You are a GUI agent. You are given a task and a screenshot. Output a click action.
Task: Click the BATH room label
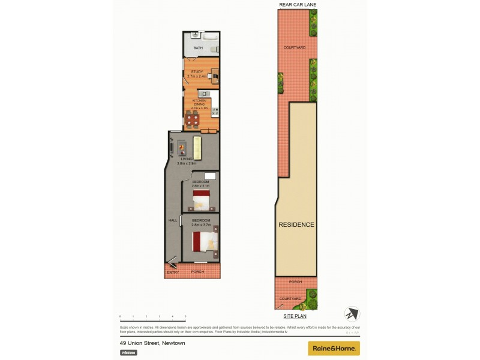coord(197,47)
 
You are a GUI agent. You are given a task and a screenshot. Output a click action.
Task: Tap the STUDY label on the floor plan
coord(197,72)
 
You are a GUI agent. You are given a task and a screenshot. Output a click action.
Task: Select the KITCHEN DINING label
coord(199,103)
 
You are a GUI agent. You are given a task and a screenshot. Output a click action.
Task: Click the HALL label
coord(173,221)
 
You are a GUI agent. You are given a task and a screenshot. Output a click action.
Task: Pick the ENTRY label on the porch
coord(173,272)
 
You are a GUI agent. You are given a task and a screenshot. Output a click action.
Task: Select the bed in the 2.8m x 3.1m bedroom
coord(200,199)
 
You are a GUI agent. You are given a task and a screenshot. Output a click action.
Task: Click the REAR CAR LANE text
coord(297,5)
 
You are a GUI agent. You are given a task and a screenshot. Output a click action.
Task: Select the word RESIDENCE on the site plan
coord(296,225)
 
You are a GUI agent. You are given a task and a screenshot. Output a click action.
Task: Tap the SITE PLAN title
coord(295,315)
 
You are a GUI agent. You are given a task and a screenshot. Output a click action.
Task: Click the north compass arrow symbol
coord(351,314)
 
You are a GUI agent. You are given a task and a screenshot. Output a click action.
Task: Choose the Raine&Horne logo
coord(334,348)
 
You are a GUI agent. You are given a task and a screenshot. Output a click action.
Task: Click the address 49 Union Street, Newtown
coord(152,343)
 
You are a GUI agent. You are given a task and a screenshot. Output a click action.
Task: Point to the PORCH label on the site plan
coord(295,281)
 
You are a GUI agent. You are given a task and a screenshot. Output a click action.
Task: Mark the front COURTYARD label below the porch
coord(290,298)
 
